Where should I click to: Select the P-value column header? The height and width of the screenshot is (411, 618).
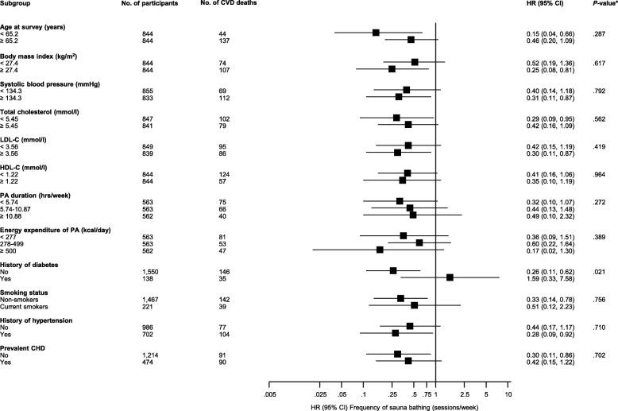pyautogui.click(x=598, y=5)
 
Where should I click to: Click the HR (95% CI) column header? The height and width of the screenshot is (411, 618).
pyautogui.click(x=544, y=5)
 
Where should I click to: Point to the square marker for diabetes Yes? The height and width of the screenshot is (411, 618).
pyautogui.click(x=450, y=277)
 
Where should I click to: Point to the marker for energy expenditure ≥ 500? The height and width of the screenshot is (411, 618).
pyautogui.click(x=380, y=250)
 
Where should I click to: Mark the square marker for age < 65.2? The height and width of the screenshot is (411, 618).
pyautogui.click(x=376, y=33)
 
